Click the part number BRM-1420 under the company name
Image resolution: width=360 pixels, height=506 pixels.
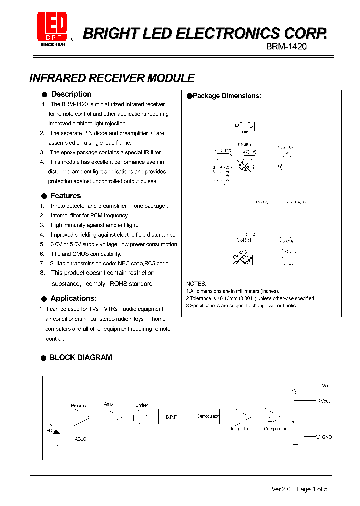(x=286, y=46)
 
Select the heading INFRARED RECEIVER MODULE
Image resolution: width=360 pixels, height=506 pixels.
(x=112, y=78)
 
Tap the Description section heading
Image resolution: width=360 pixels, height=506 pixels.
(x=71, y=94)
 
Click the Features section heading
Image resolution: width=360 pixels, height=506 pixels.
(x=65, y=196)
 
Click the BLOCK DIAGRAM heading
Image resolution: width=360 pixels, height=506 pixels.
(x=80, y=358)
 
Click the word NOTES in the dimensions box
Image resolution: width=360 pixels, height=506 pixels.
(x=196, y=283)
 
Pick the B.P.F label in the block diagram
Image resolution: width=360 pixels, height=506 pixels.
(x=172, y=417)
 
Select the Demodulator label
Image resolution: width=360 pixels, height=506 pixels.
(x=208, y=416)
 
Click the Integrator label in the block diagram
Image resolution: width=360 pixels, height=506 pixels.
(x=240, y=429)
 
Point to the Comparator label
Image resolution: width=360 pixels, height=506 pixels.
(x=275, y=429)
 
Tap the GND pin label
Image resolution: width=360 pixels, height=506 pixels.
(x=327, y=437)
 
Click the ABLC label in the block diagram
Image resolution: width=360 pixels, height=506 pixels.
(x=80, y=439)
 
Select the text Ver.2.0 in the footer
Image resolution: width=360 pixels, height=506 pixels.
(x=281, y=489)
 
